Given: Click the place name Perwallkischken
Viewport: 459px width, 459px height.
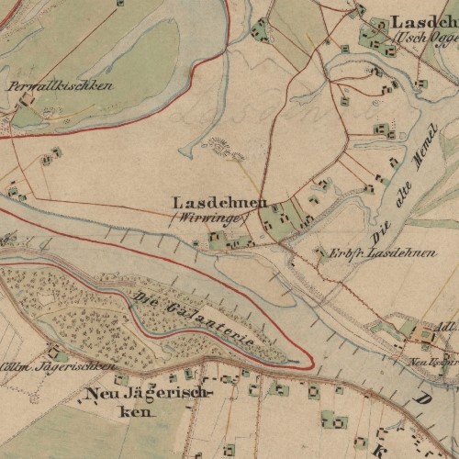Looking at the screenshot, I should coord(60,85).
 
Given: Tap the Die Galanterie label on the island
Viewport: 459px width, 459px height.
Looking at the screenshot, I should coord(193,317).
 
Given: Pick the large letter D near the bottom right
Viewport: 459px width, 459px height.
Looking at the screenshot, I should coord(424,400).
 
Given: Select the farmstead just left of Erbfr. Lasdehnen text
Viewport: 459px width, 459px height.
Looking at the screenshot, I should coord(319,252).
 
